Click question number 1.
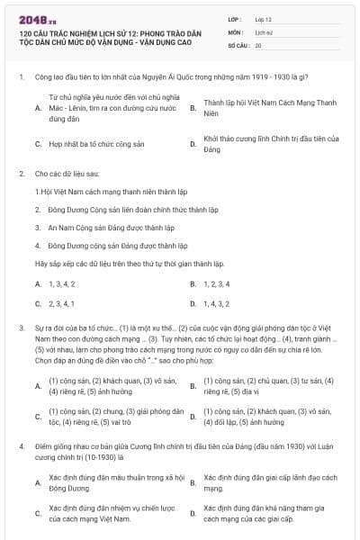[x=21, y=78]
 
